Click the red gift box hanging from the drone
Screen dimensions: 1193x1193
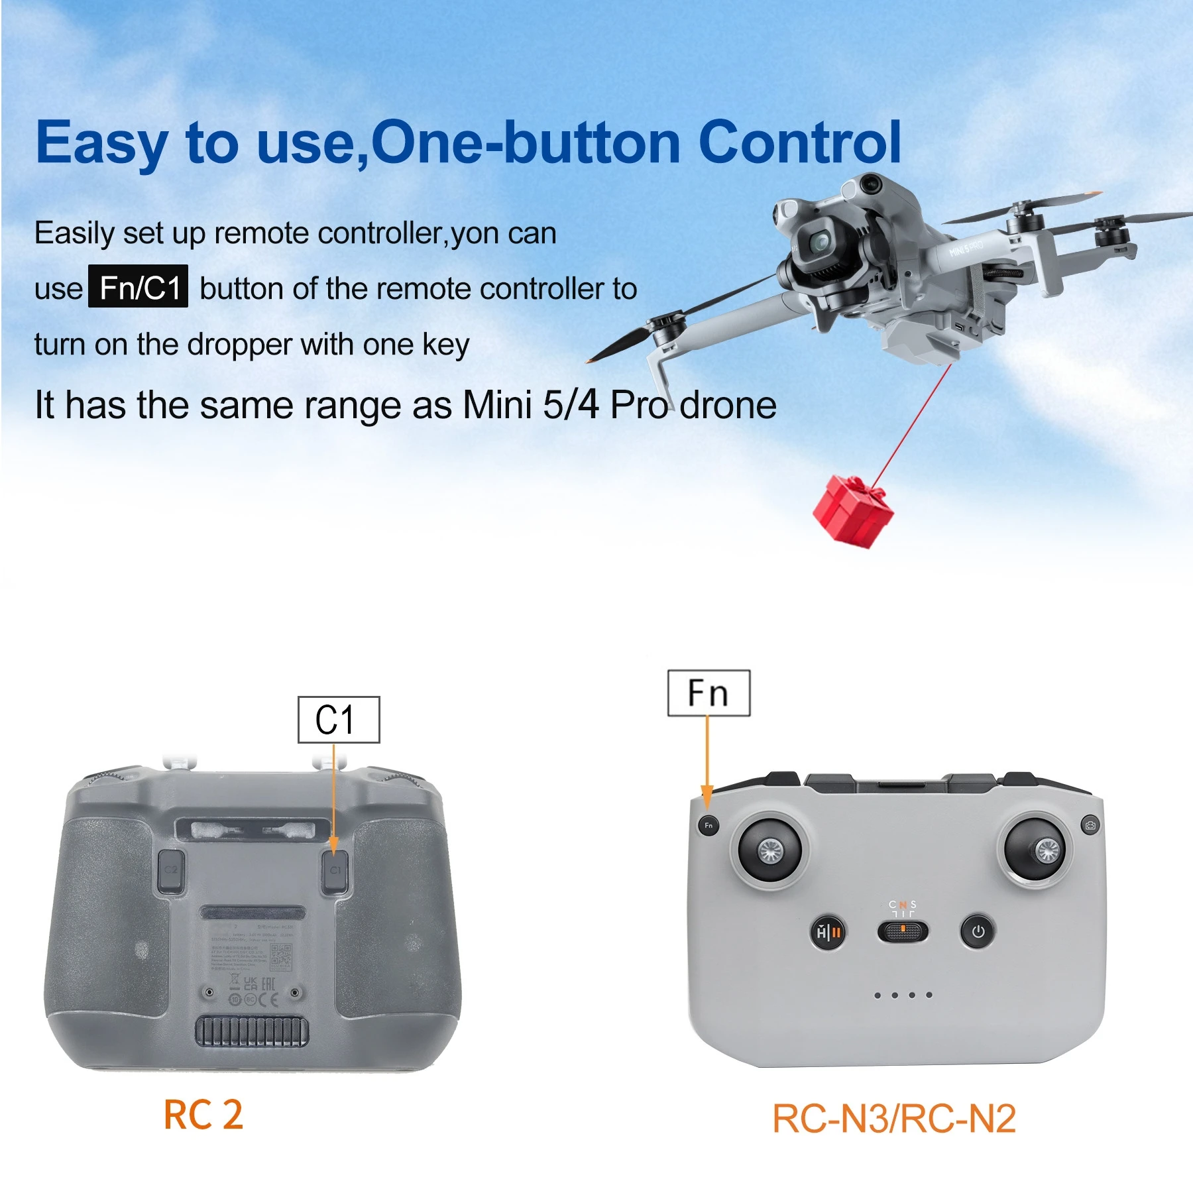(853, 510)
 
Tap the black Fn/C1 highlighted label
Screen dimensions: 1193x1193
(139, 286)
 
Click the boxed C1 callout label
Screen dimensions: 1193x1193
(339, 719)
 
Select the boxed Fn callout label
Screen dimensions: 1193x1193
(709, 693)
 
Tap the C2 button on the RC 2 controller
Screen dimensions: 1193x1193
(171, 870)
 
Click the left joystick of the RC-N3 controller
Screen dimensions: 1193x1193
(769, 850)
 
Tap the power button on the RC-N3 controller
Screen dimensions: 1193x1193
(978, 932)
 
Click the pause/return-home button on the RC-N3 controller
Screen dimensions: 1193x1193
(828, 933)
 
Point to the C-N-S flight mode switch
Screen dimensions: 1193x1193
(902, 931)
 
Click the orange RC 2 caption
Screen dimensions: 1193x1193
(203, 1115)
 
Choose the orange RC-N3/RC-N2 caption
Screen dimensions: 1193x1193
(894, 1119)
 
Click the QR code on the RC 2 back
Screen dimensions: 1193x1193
(281, 956)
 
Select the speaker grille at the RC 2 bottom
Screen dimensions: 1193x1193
(252, 1032)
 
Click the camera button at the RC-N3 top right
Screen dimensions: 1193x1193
(1090, 825)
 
